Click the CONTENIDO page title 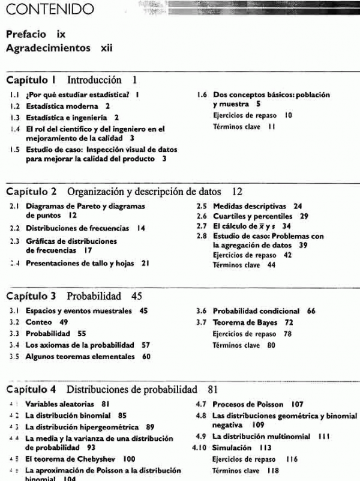tap(47, 10)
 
